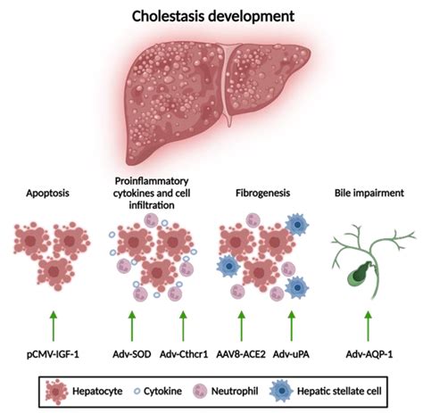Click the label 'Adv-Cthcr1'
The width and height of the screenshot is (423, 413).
click(186, 343)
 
